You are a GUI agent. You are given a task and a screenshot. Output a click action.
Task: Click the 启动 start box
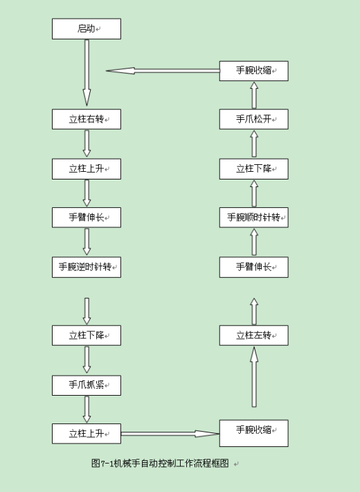coord(87,29)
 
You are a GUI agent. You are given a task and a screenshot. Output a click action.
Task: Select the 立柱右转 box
coord(87,119)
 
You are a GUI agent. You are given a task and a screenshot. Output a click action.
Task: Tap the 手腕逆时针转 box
coord(87,267)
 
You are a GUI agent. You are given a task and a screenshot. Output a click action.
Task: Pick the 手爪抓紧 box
coord(87,385)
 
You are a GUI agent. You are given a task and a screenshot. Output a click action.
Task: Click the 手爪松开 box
coord(253,119)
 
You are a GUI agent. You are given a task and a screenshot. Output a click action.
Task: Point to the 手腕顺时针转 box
coord(253,218)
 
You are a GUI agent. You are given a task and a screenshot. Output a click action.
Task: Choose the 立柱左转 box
coord(253,335)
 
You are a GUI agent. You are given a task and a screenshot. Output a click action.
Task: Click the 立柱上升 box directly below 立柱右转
coord(87,168)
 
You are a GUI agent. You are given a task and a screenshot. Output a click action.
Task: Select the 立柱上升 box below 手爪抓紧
coord(87,434)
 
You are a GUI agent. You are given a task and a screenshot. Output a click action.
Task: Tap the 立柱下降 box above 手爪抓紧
coord(87,335)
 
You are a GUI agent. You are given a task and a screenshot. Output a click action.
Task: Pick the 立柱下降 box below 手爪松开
coord(253,168)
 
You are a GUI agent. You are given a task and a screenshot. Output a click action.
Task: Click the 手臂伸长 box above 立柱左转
coord(253,267)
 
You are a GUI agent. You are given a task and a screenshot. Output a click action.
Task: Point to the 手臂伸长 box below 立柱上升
coord(87,218)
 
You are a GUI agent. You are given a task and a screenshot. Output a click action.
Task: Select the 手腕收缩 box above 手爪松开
coord(253,71)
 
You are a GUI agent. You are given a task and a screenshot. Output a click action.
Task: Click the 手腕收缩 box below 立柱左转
coord(253,433)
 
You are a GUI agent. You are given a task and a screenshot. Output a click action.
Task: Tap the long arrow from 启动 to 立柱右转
coord(87,73)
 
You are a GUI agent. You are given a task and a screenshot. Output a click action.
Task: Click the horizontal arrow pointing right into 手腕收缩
coord(170,434)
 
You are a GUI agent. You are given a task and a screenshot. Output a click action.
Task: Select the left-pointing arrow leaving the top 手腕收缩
coord(163,71)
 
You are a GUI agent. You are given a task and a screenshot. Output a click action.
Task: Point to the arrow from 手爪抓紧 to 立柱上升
coord(87,409)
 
